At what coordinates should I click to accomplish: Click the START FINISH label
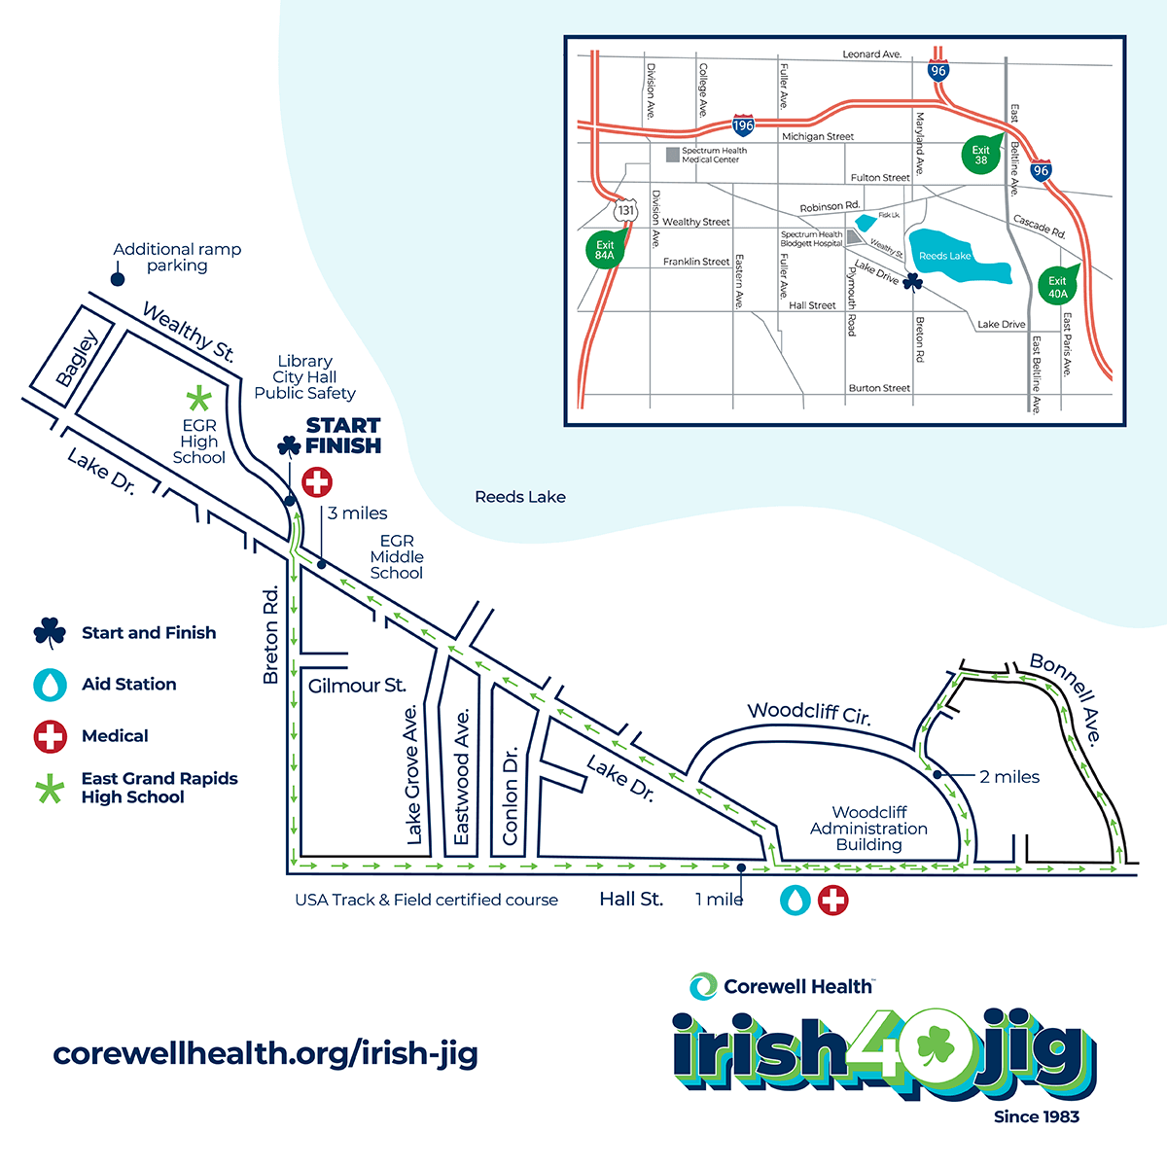(x=342, y=436)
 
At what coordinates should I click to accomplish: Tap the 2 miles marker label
(x=1009, y=777)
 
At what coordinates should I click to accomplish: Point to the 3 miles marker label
(x=357, y=513)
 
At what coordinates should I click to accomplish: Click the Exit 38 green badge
(x=980, y=155)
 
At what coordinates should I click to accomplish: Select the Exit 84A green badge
(x=605, y=250)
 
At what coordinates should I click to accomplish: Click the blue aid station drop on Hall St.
(x=796, y=900)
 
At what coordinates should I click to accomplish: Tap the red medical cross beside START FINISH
(x=317, y=481)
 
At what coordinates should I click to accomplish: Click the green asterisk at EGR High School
(x=198, y=398)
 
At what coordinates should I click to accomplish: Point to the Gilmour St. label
(x=357, y=686)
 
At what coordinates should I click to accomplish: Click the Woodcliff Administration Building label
(x=868, y=828)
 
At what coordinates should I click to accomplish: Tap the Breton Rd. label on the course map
(x=271, y=634)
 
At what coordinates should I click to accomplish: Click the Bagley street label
(x=78, y=359)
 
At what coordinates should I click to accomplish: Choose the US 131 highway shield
(x=625, y=210)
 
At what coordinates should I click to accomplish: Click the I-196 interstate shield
(x=743, y=125)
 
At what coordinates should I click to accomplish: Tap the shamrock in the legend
(x=50, y=633)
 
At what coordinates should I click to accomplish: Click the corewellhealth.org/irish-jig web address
(x=265, y=1053)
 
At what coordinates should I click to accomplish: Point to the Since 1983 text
(x=1036, y=1116)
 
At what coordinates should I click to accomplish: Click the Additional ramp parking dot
(x=117, y=280)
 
